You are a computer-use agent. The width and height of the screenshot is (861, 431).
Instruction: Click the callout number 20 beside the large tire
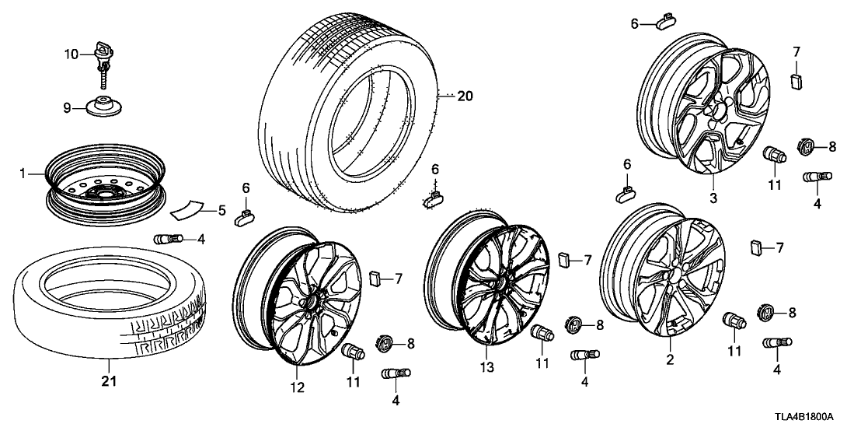coord(465,97)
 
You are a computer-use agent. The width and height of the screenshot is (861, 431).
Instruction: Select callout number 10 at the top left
coord(71,54)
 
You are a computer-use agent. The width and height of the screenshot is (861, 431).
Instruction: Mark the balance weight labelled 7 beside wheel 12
coord(375,278)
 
